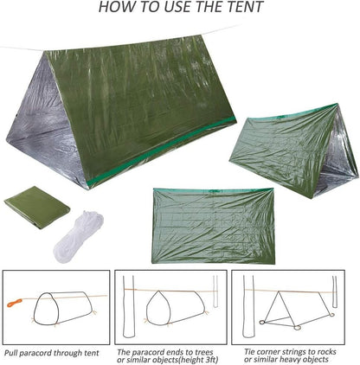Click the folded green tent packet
(36, 204)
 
